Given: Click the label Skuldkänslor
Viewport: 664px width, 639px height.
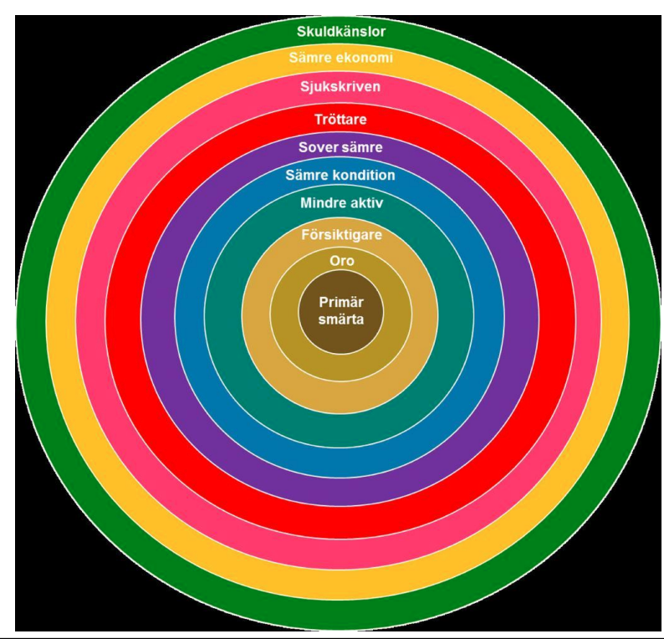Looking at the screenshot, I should click(340, 32).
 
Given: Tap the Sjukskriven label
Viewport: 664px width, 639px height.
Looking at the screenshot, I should click(340, 86).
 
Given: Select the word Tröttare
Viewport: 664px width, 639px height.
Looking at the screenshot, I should click(340, 120).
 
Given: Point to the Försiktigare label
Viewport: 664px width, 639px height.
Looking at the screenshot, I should click(340, 235).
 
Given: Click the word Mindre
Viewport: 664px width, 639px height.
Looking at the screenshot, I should click(322, 202).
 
